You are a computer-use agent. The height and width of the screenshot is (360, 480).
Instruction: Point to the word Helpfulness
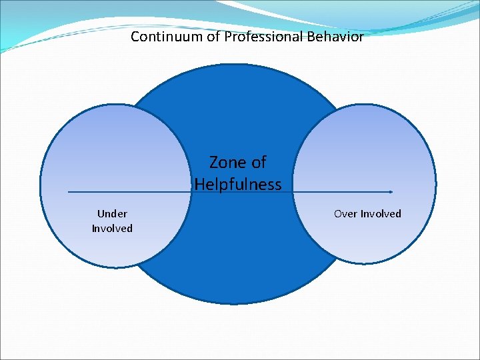click(238, 184)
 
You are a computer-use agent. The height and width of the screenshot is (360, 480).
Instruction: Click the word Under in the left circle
click(112, 213)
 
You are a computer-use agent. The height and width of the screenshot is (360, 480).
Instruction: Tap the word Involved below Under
click(112, 228)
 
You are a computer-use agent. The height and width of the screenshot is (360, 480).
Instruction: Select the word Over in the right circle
click(345, 213)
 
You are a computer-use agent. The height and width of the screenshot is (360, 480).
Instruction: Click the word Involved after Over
click(380, 213)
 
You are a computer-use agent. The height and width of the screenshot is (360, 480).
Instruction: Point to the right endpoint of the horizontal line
click(391, 192)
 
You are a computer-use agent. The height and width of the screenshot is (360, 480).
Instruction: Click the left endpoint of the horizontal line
click(69, 192)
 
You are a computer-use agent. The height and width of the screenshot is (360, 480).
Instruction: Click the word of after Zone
click(257, 162)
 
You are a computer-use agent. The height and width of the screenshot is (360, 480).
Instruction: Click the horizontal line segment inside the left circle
click(127, 192)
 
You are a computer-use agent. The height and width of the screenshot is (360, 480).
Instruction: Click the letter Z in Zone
click(214, 162)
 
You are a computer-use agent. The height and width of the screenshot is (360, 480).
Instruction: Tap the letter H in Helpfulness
click(200, 184)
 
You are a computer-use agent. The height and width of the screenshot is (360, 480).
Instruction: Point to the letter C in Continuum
click(135, 37)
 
